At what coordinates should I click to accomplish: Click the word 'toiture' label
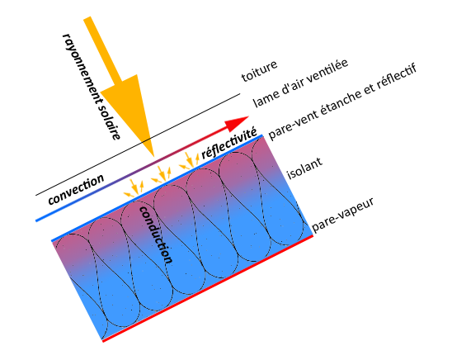coord(259,71)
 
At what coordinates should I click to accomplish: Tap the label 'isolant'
coord(304,168)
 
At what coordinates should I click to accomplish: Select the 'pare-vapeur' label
coord(342,215)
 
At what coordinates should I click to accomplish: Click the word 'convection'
coord(76,189)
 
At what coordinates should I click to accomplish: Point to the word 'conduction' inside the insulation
coord(157,234)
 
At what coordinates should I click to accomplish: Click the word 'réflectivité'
coord(228,143)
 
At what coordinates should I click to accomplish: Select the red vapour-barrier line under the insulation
coord(208,288)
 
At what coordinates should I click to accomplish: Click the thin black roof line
coord(138,144)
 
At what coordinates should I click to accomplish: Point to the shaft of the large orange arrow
coord(102,52)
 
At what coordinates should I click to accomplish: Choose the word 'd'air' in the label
coord(291,88)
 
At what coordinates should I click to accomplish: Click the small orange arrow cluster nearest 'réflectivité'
coord(190,161)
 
